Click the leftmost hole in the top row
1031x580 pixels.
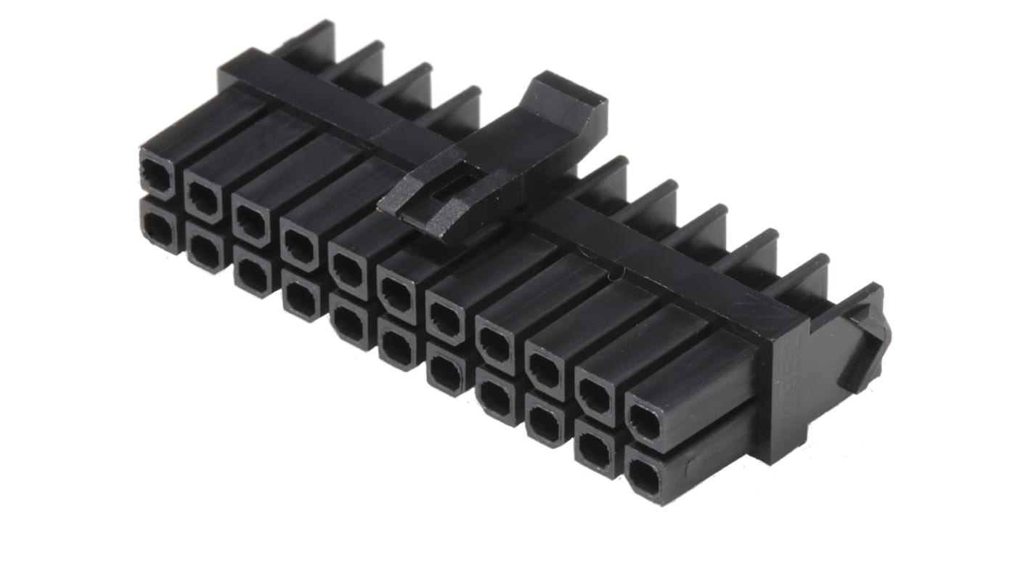click(x=157, y=174)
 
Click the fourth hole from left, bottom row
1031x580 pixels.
click(x=301, y=297)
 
